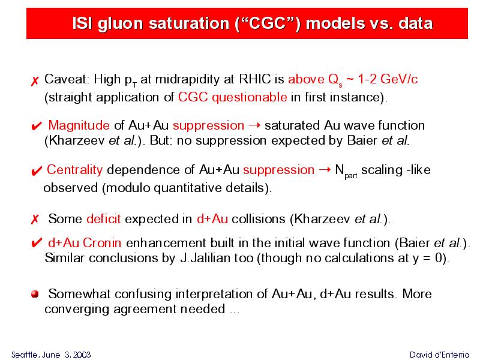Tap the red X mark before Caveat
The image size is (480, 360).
coord(35,81)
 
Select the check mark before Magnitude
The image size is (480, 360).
coord(37,126)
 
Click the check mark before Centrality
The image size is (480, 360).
coord(37,171)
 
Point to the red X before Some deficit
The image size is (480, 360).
coord(35,219)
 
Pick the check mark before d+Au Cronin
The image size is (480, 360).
coord(37,243)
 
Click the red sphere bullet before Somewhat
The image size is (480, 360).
coord(35,294)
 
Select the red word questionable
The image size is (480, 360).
coord(250,97)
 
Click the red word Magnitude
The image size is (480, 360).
coord(79,125)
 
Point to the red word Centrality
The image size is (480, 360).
coord(74,170)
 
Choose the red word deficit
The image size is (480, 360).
coord(103,218)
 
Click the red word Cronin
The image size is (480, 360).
coord(102,243)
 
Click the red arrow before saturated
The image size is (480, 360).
coord(254,125)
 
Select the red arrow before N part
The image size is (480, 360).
coord(325,170)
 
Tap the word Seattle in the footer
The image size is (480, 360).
coord(25,355)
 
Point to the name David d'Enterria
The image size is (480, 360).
coord(440,355)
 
